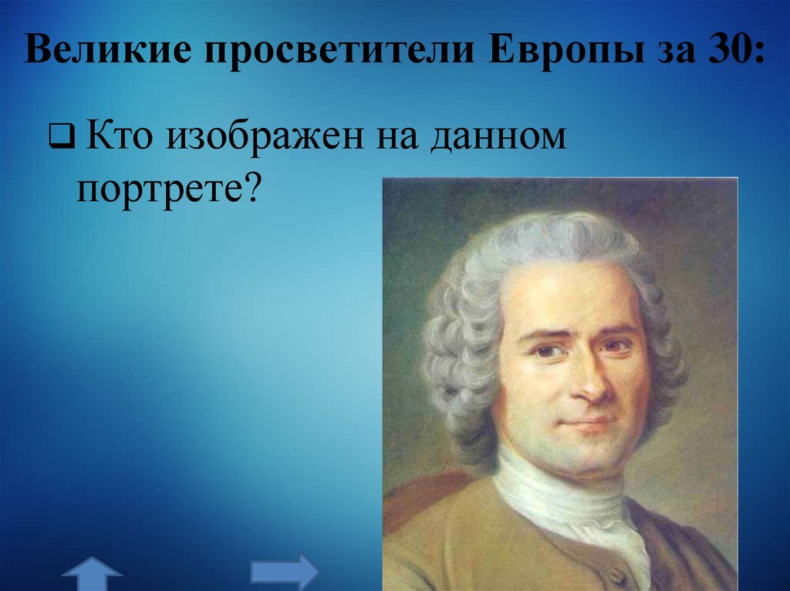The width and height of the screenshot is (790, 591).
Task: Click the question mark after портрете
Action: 255,187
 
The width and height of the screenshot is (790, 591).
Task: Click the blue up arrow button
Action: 93,573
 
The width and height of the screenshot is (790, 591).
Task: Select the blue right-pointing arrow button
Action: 284,573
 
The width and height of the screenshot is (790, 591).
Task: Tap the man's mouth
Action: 590,423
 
